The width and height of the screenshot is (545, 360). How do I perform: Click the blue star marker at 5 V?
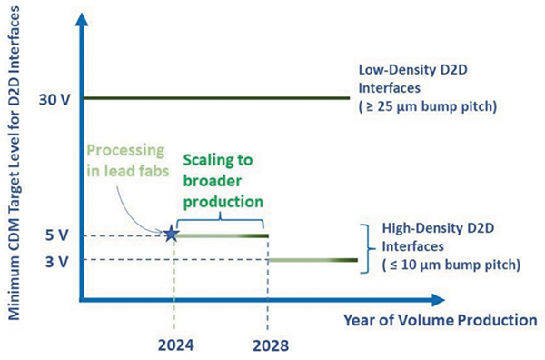pos(172,235)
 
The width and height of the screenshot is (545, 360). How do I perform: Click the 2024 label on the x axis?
pos(173,345)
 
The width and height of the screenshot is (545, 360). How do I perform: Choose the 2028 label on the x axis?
pos(268,345)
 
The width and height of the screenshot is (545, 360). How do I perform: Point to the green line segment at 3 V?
pos(313,261)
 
